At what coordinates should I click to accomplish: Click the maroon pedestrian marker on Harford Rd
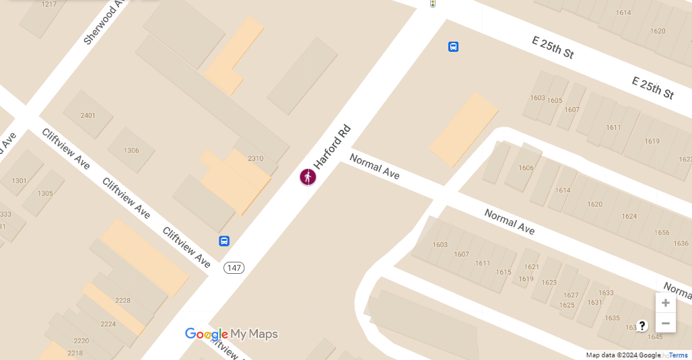tap(308, 177)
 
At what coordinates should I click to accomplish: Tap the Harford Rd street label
tap(333, 147)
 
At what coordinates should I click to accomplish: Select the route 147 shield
tap(234, 268)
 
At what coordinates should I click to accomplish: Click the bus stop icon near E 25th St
tap(454, 46)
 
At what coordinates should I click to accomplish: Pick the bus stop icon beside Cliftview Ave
tap(224, 241)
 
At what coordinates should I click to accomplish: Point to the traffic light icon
tap(433, 3)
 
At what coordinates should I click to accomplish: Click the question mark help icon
tap(642, 326)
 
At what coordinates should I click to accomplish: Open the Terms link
tap(678, 355)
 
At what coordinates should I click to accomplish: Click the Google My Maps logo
tap(231, 334)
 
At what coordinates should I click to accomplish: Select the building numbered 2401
tap(88, 116)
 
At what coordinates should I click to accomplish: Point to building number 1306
tap(131, 151)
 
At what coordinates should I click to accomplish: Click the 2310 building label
tap(255, 159)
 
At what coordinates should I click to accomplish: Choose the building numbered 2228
tap(123, 301)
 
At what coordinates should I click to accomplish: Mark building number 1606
tap(526, 168)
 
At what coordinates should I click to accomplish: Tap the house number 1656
tap(662, 233)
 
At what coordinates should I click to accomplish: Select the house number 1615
tap(504, 273)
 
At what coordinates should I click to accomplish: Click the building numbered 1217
tap(49, 5)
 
